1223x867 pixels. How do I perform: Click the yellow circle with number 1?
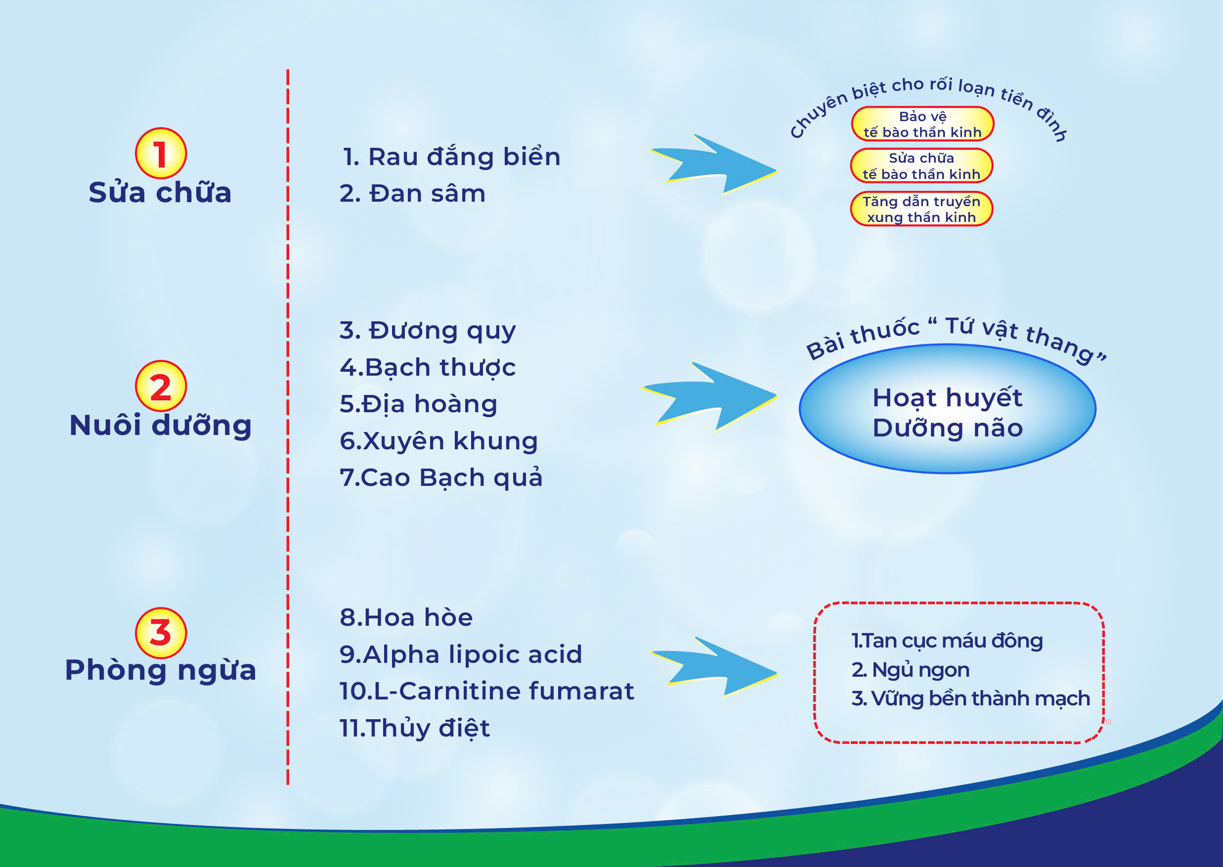point(161,153)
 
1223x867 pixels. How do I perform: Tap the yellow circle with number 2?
point(161,386)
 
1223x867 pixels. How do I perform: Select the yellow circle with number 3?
point(161,633)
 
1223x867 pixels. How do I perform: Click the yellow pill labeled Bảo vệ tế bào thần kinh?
point(922,124)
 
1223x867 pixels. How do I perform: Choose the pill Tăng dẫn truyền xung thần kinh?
point(921,209)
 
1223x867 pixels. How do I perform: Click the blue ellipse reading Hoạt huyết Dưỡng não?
point(948,409)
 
